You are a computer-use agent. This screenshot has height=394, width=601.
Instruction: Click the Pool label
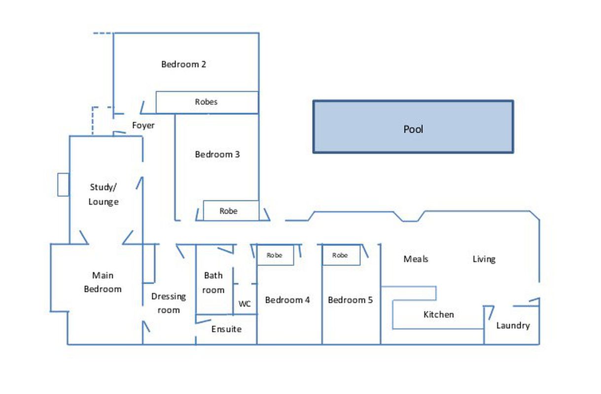pyautogui.click(x=413, y=130)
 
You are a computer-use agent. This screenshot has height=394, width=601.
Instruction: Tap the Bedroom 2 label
pyautogui.click(x=183, y=64)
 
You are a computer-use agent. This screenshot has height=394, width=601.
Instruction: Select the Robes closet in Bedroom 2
pyautogui.click(x=207, y=102)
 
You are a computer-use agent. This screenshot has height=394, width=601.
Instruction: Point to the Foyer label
pyautogui.click(x=143, y=126)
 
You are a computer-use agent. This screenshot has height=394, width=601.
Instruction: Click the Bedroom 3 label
pyautogui.click(x=217, y=154)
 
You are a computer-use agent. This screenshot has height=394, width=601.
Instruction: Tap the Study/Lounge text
pyautogui.click(x=104, y=194)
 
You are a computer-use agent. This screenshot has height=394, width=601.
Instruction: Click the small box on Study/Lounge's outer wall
pyautogui.click(x=63, y=185)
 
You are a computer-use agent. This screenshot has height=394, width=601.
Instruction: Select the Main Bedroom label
pyautogui.click(x=103, y=282)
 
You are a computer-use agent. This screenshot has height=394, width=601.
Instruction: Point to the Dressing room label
pyautogui.click(x=169, y=303)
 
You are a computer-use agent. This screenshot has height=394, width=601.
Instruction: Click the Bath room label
pyautogui.click(x=213, y=283)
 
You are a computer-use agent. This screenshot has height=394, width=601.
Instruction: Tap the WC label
pyautogui.click(x=245, y=304)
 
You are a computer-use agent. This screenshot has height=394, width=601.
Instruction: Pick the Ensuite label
pyautogui.click(x=226, y=329)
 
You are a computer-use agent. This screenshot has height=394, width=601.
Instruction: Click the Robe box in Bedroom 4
pyautogui.click(x=275, y=256)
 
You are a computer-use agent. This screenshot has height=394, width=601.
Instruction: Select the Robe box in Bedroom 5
pyautogui.click(x=340, y=256)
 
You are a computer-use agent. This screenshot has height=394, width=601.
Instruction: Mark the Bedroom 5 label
pyautogui.click(x=350, y=300)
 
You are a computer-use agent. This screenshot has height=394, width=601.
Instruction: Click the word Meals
pyautogui.click(x=416, y=259)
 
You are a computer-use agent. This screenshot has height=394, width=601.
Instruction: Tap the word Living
pyautogui.click(x=484, y=259)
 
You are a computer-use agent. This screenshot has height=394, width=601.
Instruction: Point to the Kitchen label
pyautogui.click(x=438, y=314)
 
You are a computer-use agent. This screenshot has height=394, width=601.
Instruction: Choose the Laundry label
pyautogui.click(x=513, y=326)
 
